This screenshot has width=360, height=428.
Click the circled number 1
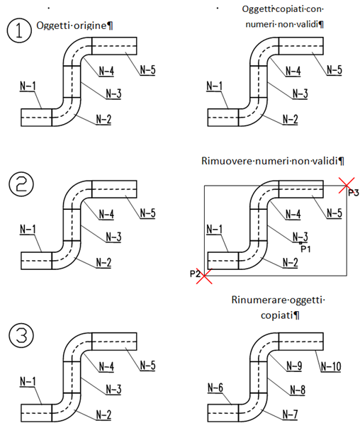click(19, 30)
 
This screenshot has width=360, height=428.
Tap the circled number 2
click(21, 184)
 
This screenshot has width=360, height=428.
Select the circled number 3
click(21, 335)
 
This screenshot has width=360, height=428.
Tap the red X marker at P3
click(347, 185)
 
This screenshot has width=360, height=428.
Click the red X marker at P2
click(204, 276)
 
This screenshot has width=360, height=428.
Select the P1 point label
click(305, 249)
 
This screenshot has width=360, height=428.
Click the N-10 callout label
click(331, 366)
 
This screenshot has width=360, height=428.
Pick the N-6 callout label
click(215, 388)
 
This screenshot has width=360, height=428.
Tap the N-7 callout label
click(290, 415)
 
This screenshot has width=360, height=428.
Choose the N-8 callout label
click(298, 390)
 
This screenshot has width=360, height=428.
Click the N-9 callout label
click(294, 366)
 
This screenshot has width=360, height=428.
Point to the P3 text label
click(354, 193)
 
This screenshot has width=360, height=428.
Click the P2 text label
click(195, 274)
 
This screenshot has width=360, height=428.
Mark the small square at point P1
click(300, 242)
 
